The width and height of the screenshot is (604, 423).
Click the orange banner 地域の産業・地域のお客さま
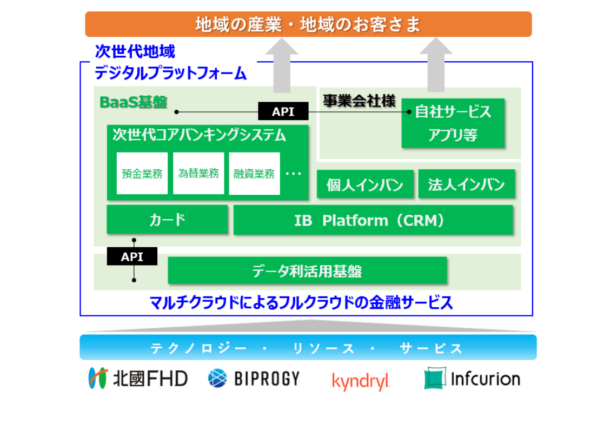[308, 24]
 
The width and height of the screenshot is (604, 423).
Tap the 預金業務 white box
[142, 173]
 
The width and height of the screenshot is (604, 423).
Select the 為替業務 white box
[198, 173]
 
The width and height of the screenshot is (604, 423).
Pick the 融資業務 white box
[254, 173]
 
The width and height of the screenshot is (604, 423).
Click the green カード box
[167, 220]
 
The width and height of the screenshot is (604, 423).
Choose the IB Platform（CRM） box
[373, 220]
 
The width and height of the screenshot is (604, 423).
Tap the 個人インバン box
[365, 185]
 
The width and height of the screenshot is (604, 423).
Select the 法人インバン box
[466, 185]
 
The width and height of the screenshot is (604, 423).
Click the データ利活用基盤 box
[307, 270]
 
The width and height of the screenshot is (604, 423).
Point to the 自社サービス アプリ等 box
[453, 123]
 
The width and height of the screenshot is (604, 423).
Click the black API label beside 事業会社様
[283, 111]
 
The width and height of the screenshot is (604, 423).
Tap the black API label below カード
[132, 256]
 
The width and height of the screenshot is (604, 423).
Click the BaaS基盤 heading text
[134, 102]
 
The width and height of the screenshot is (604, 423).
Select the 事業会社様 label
[359, 101]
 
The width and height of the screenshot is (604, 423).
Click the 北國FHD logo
[138, 378]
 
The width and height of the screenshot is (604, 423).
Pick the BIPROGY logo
[254, 378]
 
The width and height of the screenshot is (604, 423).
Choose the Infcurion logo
[472, 379]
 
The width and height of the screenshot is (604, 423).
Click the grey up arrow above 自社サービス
[436, 65]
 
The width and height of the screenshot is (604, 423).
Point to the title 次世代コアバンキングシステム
[199, 135]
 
